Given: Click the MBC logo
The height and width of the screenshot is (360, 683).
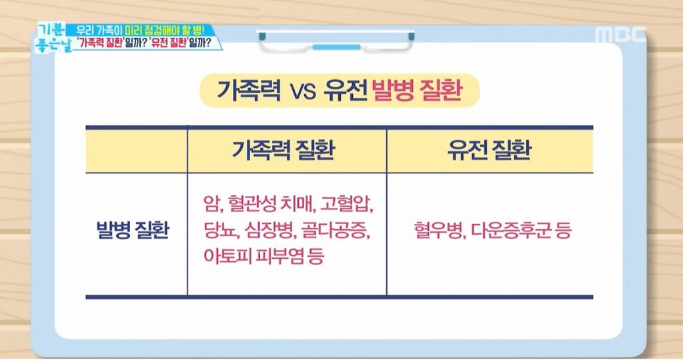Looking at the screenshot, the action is (620, 35).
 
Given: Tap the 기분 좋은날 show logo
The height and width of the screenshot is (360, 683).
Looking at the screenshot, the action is (53, 38).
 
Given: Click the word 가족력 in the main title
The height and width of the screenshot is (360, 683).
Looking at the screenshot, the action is (249, 90).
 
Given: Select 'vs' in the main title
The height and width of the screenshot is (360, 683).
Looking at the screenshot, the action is (303, 92).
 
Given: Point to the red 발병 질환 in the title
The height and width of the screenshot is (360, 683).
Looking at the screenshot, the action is (417, 90).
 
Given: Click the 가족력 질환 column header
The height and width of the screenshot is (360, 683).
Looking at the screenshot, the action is (283, 150).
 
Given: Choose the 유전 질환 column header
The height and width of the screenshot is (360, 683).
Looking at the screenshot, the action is (490, 150).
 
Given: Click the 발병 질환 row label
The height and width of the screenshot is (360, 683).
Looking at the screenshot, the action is (133, 230).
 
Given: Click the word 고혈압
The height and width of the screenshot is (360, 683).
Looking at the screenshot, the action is (346, 204).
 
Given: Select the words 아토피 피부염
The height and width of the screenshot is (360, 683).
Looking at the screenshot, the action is (253, 255).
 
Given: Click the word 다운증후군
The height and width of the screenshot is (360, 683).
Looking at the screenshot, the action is (512, 230).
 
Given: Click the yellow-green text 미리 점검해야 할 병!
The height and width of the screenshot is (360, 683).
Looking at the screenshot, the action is (165, 31).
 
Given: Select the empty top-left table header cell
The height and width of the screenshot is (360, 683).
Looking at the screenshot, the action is (136, 151).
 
